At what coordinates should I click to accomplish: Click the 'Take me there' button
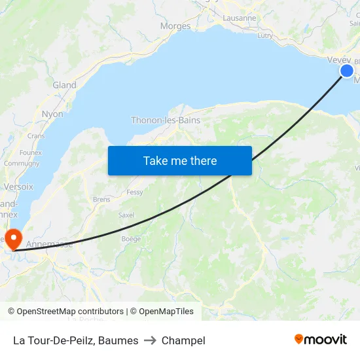(x=179, y=160)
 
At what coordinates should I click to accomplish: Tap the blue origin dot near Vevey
(x=347, y=71)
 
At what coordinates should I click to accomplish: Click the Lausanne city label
(x=239, y=18)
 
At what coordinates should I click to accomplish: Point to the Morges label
(x=175, y=26)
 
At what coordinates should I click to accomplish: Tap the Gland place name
(x=65, y=85)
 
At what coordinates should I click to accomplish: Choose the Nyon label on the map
(x=52, y=114)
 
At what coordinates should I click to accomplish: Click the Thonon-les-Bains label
(x=166, y=120)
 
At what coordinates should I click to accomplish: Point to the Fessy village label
(x=135, y=192)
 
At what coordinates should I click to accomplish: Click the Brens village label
(x=101, y=199)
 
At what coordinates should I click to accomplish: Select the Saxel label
(x=126, y=215)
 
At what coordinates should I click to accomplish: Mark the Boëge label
(x=131, y=239)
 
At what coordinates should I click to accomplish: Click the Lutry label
(x=265, y=36)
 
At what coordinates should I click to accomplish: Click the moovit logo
(x=321, y=339)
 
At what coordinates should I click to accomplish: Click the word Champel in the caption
(x=183, y=340)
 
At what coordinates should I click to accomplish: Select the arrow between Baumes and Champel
(x=150, y=340)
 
